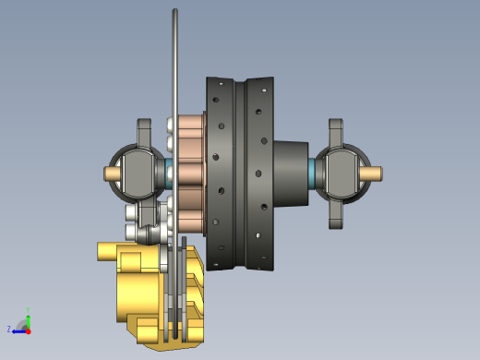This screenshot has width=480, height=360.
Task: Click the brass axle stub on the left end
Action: coord(113,174)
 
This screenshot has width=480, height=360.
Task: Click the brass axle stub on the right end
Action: coord(376,173)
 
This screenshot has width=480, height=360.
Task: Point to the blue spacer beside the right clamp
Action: coord(313,172)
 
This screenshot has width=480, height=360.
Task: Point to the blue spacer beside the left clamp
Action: coord(169,173)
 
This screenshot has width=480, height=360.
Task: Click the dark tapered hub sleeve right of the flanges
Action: coord(292,172)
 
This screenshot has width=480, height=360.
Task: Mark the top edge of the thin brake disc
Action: coord(174,13)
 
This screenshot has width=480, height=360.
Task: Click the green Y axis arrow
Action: coord(29,316)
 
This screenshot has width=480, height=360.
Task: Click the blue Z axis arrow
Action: coord(18,330)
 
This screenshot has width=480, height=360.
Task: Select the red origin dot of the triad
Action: coord(28,330)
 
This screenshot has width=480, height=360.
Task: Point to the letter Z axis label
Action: coord(9,330)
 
